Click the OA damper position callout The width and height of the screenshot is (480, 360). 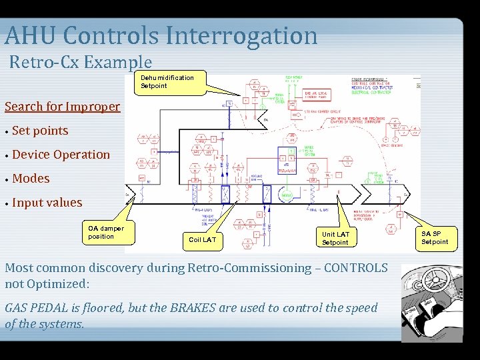click(106, 233)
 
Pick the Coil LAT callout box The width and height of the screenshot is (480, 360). click(202, 239)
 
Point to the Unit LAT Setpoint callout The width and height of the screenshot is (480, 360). click(335, 238)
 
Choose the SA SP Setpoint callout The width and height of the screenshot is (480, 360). click(435, 237)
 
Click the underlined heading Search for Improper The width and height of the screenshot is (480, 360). click(62, 107)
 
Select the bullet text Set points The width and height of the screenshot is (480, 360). click(40, 131)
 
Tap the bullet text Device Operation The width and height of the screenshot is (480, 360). click(61, 155)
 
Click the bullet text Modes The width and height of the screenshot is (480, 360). click(31, 179)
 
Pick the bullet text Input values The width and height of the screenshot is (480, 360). click(47, 203)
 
